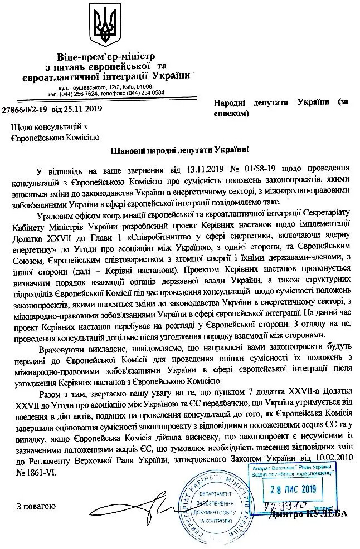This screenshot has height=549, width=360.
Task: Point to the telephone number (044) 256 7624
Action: point(95,93)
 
